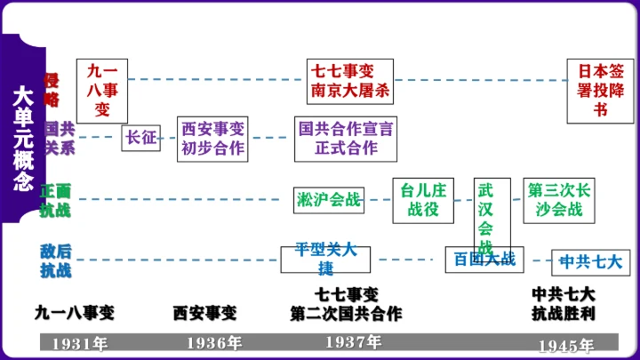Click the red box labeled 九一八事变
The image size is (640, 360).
coord(102,90)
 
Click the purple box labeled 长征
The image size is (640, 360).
coord(141,138)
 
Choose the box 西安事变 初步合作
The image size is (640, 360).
coord(213,138)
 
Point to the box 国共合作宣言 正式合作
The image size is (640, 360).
coord(347,138)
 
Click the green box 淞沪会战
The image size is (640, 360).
coord(329,200)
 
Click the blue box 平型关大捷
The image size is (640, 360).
coord(325,258)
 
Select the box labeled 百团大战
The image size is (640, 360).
coord(484,260)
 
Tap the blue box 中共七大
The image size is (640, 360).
coord(590,262)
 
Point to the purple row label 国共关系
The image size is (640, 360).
coord(60,138)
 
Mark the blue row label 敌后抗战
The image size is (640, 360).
coord(55,260)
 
